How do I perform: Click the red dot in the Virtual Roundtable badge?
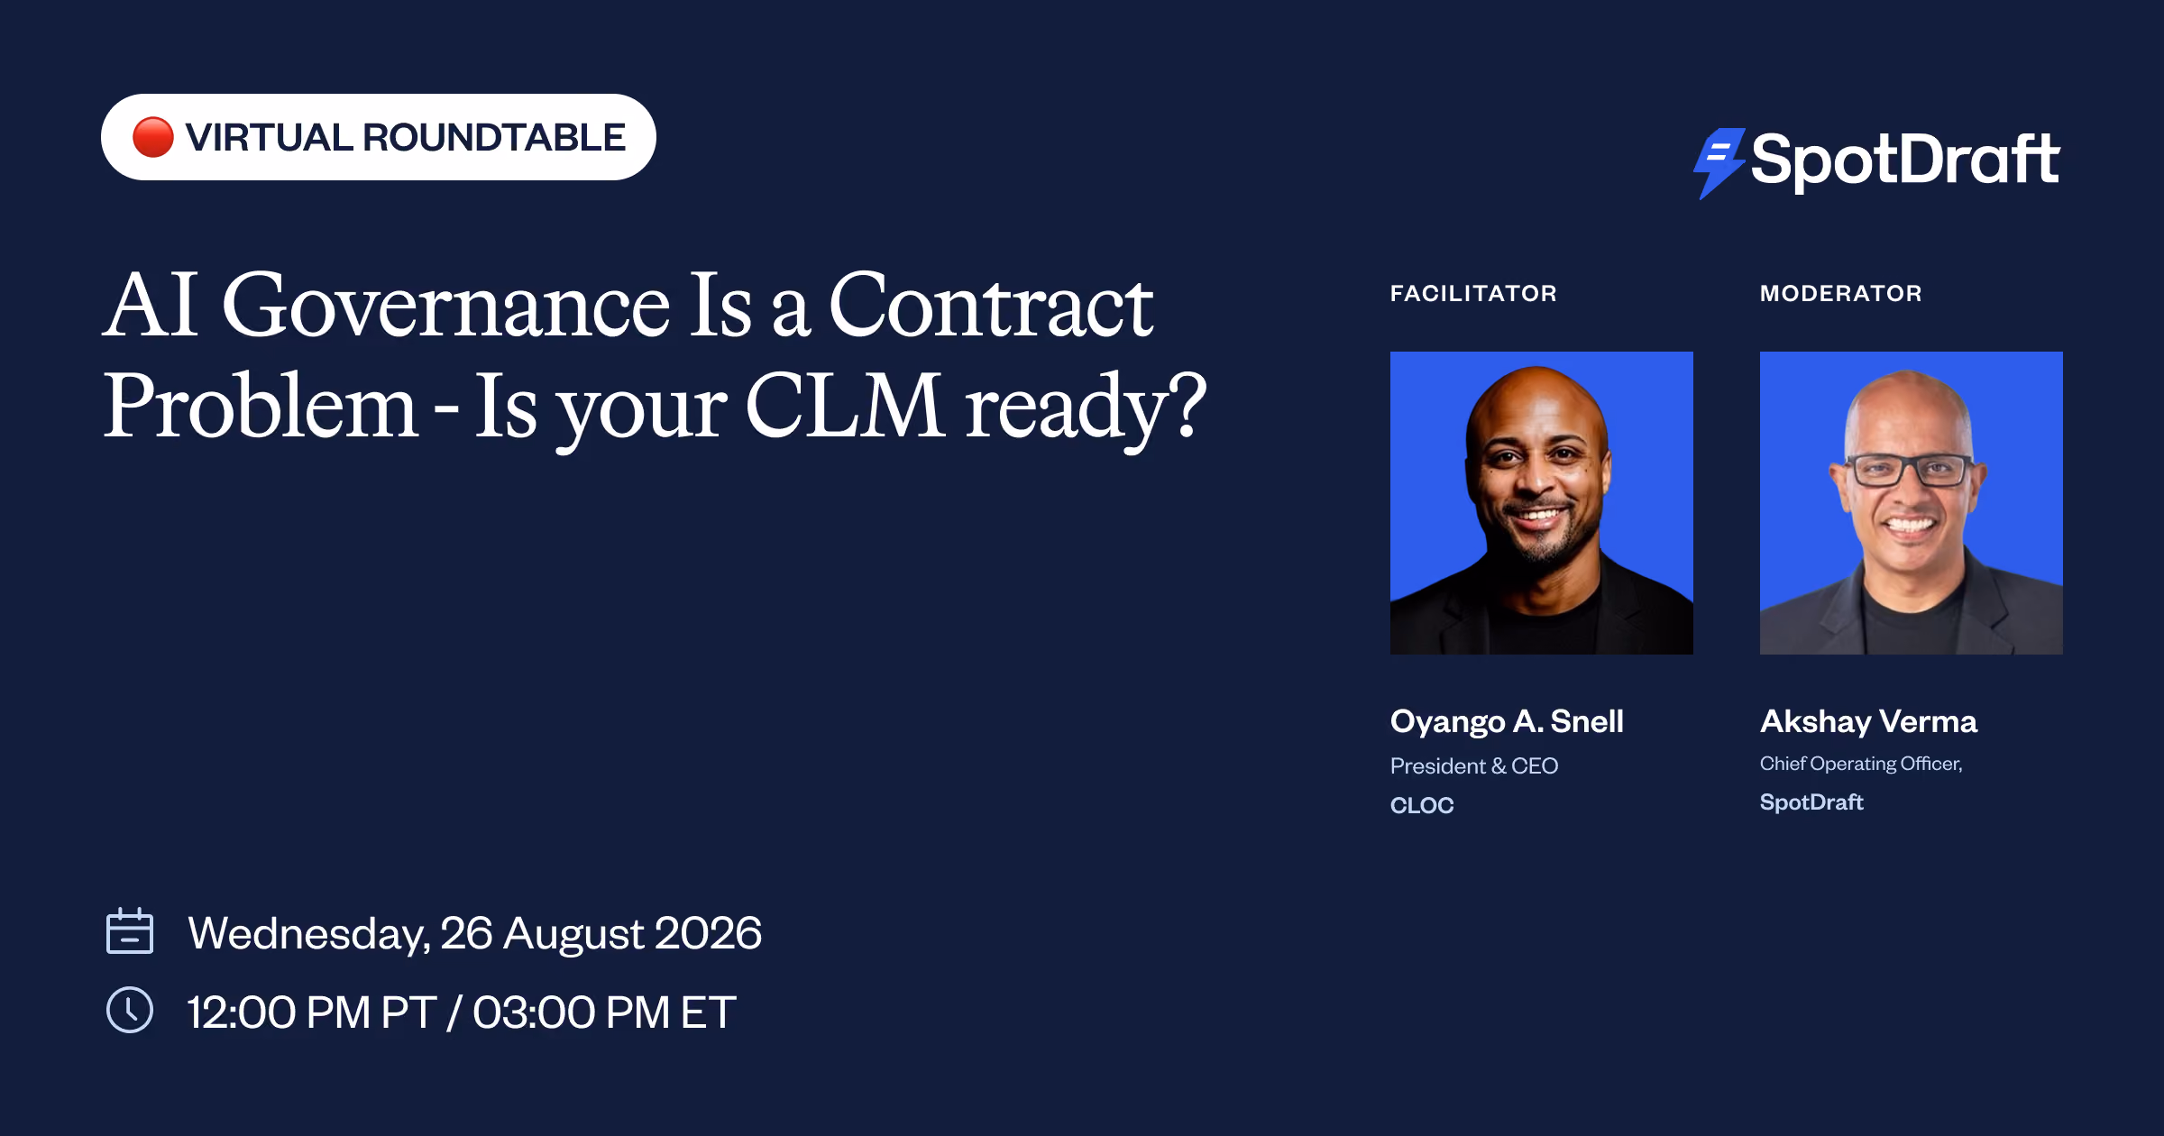[152, 137]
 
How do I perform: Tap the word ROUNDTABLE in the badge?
[494, 138]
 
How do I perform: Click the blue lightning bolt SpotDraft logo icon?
[1719, 162]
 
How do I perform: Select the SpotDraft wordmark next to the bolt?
[1905, 160]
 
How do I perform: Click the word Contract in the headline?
[991, 306]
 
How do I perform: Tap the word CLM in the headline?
[845, 407]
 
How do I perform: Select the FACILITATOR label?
[1473, 293]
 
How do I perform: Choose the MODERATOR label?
[1841, 293]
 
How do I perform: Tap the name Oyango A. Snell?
[1507, 721]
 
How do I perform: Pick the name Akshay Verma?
[1868, 721]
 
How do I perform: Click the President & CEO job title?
[1474, 765]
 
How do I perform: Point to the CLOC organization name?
[1422, 805]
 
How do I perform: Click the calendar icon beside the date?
[130, 930]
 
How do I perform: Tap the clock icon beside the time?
[130, 1010]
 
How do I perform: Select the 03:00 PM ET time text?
[604, 1012]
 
